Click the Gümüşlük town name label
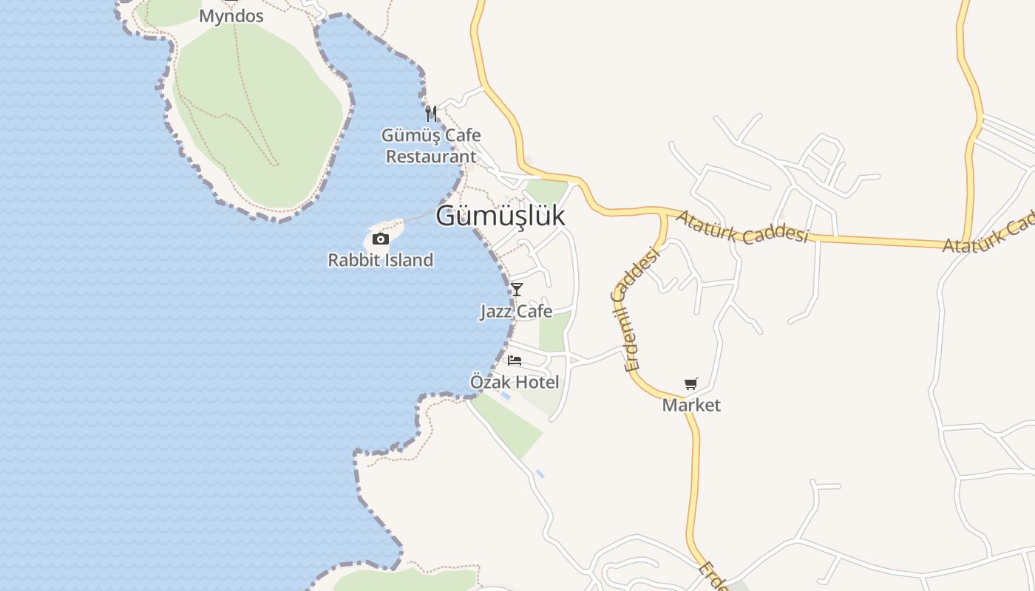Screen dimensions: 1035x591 500,215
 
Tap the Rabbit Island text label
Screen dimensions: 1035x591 380,260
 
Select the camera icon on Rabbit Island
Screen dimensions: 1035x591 381,239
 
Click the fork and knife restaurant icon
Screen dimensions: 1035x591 431,114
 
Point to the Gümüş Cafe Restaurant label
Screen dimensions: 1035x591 431,146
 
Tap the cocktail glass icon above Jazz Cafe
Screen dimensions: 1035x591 517,289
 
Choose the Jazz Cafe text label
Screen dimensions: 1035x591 516,311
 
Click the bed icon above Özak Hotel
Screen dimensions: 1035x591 515,361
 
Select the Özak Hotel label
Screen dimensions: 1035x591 515,382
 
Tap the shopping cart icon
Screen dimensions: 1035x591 690,383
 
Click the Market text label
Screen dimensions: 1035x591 691,405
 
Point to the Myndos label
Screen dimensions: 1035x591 231,16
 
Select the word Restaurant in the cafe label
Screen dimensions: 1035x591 431,157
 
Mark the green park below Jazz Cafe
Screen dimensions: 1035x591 554,332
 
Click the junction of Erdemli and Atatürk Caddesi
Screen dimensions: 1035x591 663,214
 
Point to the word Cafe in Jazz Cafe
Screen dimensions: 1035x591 535,311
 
